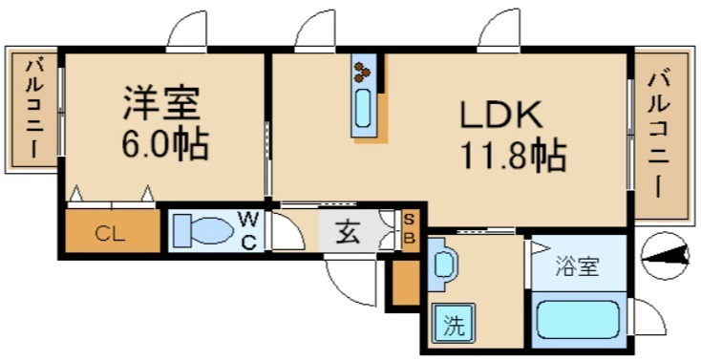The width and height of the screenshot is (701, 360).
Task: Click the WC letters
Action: coord(247,231)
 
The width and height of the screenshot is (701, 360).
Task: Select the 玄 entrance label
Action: coord(349,232)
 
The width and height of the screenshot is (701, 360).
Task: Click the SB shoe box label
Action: coord(409,231)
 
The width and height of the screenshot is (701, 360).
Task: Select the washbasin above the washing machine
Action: coord(443,267)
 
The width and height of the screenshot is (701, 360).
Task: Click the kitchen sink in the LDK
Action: coord(365,110)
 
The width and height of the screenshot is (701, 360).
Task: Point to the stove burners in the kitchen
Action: coord(363,70)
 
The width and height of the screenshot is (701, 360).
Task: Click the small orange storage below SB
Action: coord(406,283)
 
